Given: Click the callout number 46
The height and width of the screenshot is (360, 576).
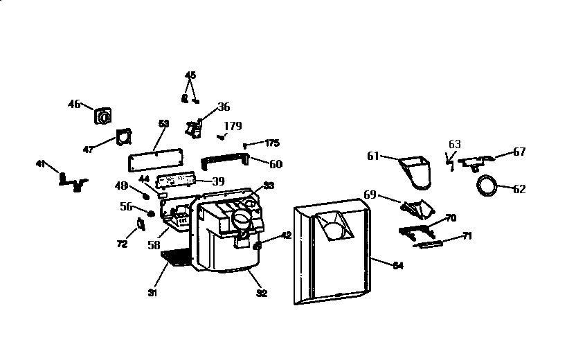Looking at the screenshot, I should (x=74, y=104).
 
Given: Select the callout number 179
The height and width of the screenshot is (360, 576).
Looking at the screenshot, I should (x=233, y=126).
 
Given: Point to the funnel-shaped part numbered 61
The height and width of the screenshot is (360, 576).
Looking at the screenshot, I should (x=415, y=172).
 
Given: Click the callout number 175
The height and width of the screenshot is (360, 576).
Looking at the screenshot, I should (x=272, y=143).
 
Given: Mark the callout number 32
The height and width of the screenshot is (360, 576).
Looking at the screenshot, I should (x=262, y=294).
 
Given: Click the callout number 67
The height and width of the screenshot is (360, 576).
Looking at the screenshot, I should (x=519, y=152).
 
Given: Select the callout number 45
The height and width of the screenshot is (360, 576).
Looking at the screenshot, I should (x=190, y=75).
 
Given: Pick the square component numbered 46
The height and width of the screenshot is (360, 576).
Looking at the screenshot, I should (x=104, y=116).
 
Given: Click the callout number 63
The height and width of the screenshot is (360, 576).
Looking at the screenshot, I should (x=454, y=145).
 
